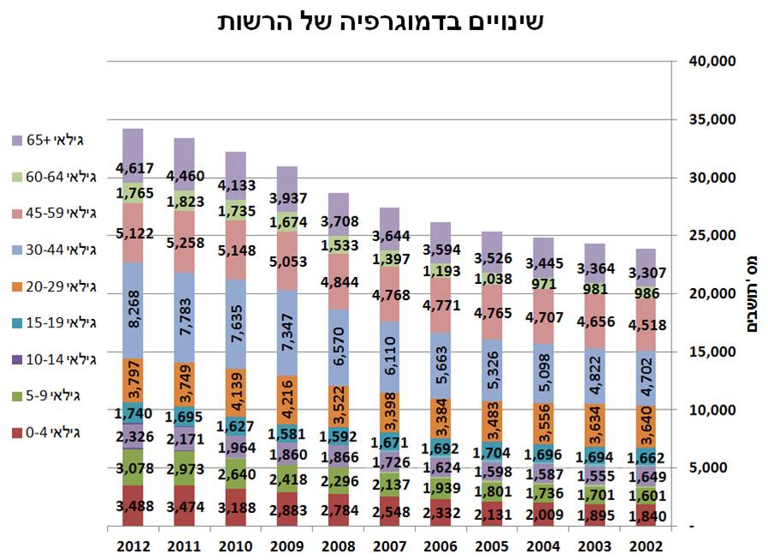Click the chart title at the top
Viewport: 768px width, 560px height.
click(x=380, y=22)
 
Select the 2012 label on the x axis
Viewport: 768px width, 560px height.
click(x=133, y=545)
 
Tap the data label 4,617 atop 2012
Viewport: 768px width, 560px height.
click(x=134, y=168)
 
